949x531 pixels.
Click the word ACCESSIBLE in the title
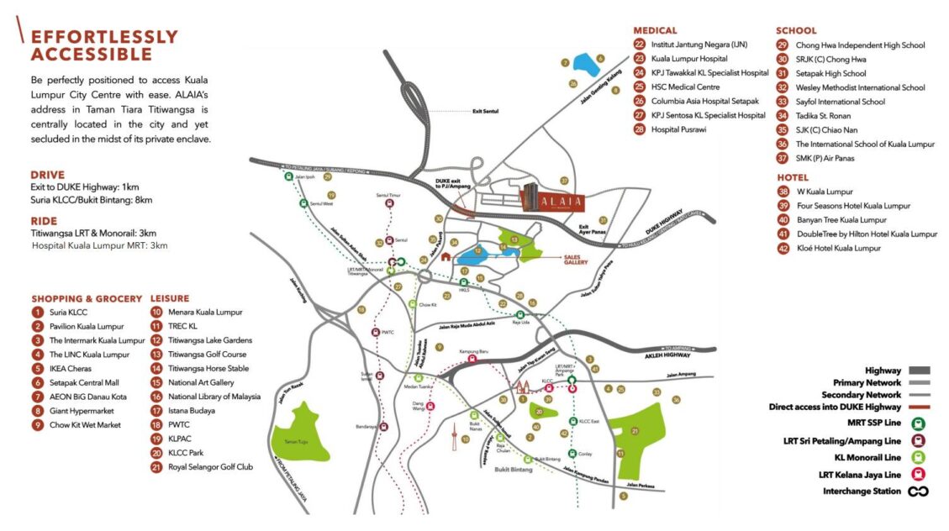coord(92,55)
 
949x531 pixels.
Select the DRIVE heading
coord(49,175)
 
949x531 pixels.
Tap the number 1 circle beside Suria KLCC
coord(38,313)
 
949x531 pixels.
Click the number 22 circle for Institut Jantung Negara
coord(640,45)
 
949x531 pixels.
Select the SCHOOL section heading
coord(796,31)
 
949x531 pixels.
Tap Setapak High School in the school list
coord(833,73)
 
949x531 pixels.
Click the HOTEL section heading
coord(793,177)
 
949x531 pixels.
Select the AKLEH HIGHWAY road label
coord(683,355)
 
